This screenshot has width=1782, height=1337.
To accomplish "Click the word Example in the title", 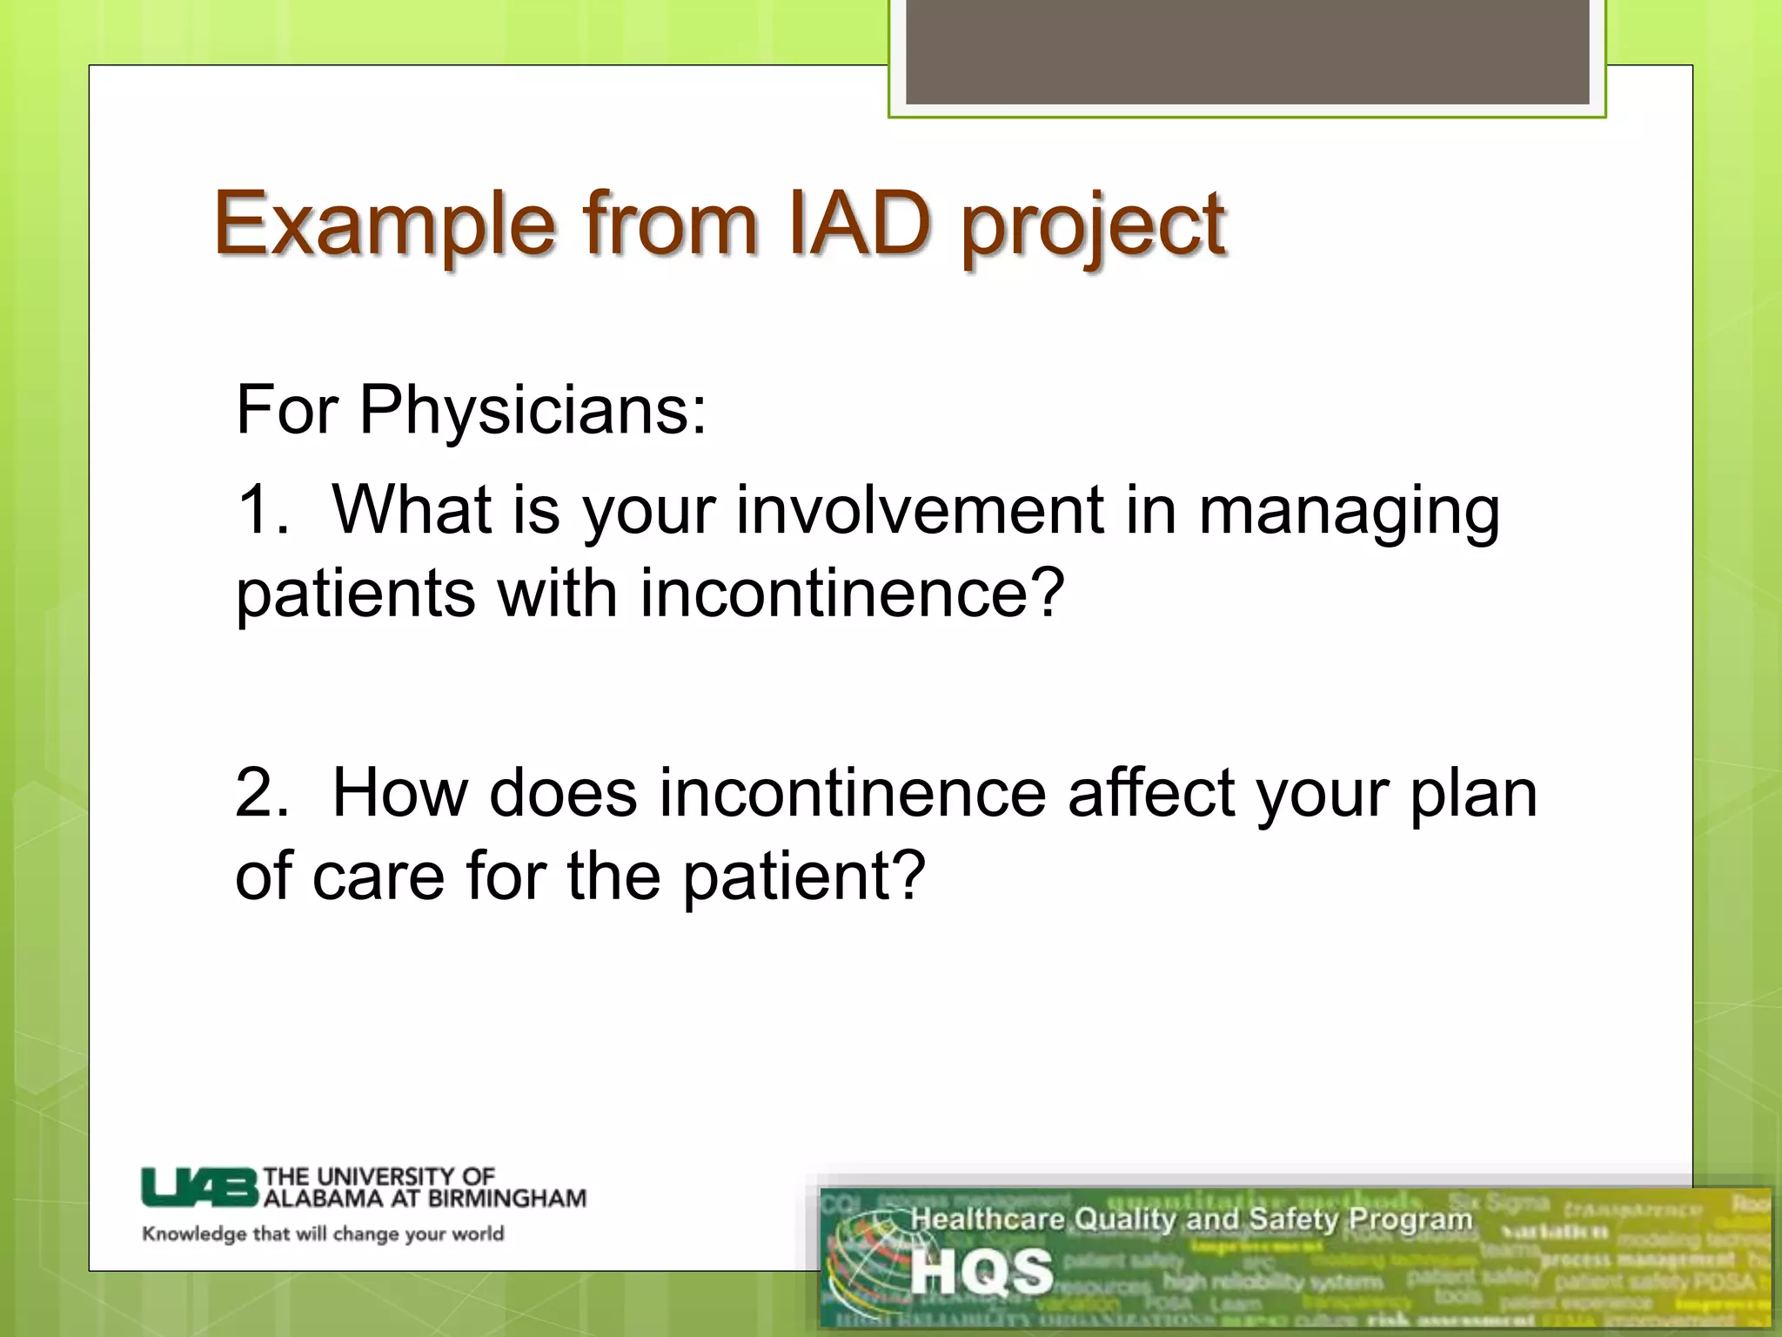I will click(384, 225).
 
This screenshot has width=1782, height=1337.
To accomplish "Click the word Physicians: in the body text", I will click(533, 411).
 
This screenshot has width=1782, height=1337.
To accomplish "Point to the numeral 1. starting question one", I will click(261, 510).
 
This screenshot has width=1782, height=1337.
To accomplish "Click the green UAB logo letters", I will click(200, 1187).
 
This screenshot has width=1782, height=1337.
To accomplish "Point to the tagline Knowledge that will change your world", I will click(323, 1234).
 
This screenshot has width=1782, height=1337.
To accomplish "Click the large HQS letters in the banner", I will click(981, 1272).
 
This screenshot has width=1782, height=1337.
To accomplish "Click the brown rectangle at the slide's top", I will click(1247, 52).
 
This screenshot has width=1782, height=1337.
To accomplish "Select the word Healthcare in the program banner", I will click(987, 1219).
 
